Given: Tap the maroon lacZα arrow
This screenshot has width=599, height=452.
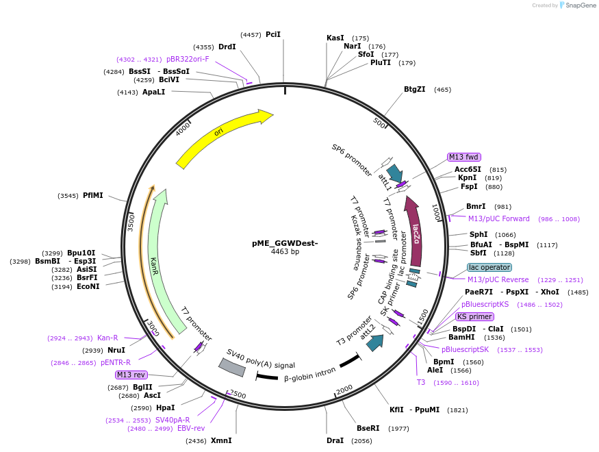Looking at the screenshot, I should (x=415, y=233).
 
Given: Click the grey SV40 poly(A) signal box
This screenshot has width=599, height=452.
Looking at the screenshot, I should (x=231, y=367).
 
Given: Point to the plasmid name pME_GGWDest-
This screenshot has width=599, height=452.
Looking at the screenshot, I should (x=285, y=243).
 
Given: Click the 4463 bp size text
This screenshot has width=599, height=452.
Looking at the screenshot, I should (x=285, y=252).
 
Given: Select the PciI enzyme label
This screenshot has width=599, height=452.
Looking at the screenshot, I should (x=273, y=34).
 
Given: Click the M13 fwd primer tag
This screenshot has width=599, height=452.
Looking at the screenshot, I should (x=463, y=157).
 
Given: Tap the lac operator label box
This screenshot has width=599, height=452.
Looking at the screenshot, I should (x=489, y=268).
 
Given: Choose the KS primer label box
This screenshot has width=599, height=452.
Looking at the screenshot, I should (x=474, y=317).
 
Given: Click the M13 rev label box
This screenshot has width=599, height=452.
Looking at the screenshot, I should (x=131, y=375).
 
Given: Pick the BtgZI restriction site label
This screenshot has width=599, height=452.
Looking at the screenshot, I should (x=415, y=89).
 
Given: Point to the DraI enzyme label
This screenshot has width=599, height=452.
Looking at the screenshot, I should (x=335, y=440).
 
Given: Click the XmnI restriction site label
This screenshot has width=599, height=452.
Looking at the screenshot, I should (x=220, y=440).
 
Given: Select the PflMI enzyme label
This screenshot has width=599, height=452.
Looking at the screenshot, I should (x=93, y=195).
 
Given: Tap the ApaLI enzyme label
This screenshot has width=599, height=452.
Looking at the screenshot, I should (x=153, y=92).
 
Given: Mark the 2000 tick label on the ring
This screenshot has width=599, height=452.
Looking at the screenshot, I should (x=344, y=388).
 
